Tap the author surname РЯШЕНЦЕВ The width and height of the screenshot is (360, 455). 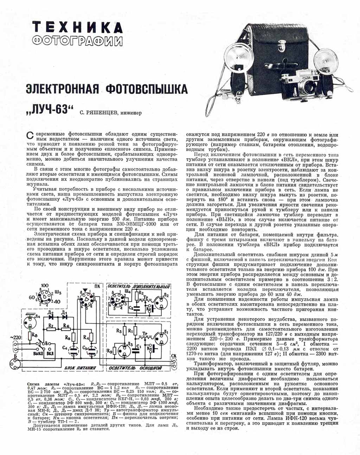coord(102,113)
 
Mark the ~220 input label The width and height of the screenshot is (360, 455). coord(17,337)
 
